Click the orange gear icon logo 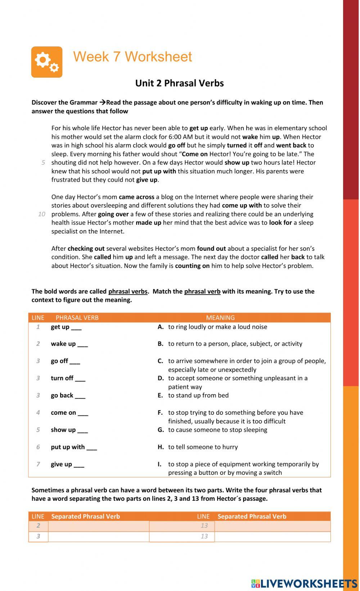point(47,62)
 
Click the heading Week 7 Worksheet point(132,57)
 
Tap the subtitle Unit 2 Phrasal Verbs point(179,83)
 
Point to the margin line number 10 point(42,214)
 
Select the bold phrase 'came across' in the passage point(136,197)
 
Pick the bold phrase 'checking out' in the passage point(86,249)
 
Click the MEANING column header point(220,318)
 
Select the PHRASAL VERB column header point(77,318)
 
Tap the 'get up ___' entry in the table point(66,327)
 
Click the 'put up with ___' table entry point(74,447)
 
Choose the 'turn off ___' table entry point(68,378)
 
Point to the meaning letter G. point(161,430)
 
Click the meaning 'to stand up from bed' point(198,395)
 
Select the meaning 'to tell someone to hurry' point(203,447)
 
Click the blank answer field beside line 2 point(98,526)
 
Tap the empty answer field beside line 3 point(98,536)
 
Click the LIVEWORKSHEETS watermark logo point(304,583)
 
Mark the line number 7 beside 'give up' point(38,464)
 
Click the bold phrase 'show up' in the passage point(237,163)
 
